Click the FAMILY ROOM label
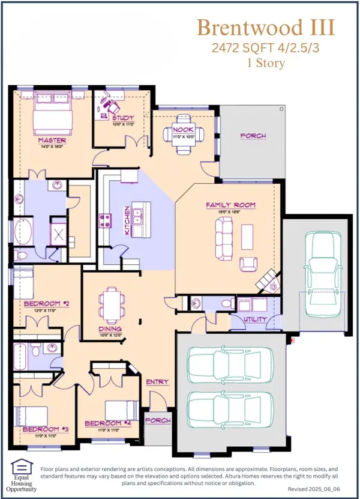coord(230,205)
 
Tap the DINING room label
coord(111,329)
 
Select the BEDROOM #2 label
coord(46,304)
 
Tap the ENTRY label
coord(157,382)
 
